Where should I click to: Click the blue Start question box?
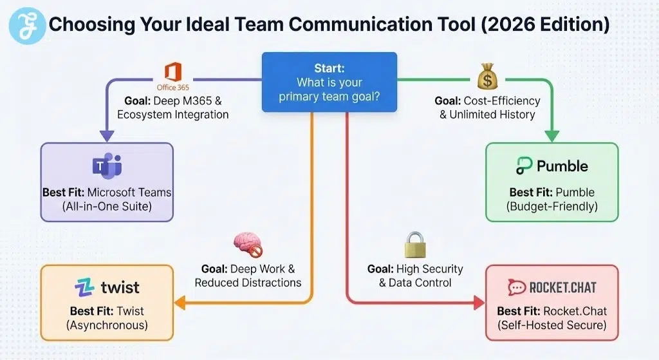(x=329, y=82)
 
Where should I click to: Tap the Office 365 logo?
(x=173, y=75)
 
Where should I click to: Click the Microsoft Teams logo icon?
(x=106, y=166)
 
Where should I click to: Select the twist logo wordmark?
(x=106, y=287)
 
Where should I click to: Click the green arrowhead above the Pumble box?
(x=552, y=136)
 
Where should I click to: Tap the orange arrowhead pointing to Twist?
(x=181, y=301)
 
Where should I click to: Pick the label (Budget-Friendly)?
(x=552, y=206)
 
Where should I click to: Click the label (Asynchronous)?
(x=107, y=325)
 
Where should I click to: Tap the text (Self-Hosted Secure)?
(x=552, y=325)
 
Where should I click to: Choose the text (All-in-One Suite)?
(x=107, y=206)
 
